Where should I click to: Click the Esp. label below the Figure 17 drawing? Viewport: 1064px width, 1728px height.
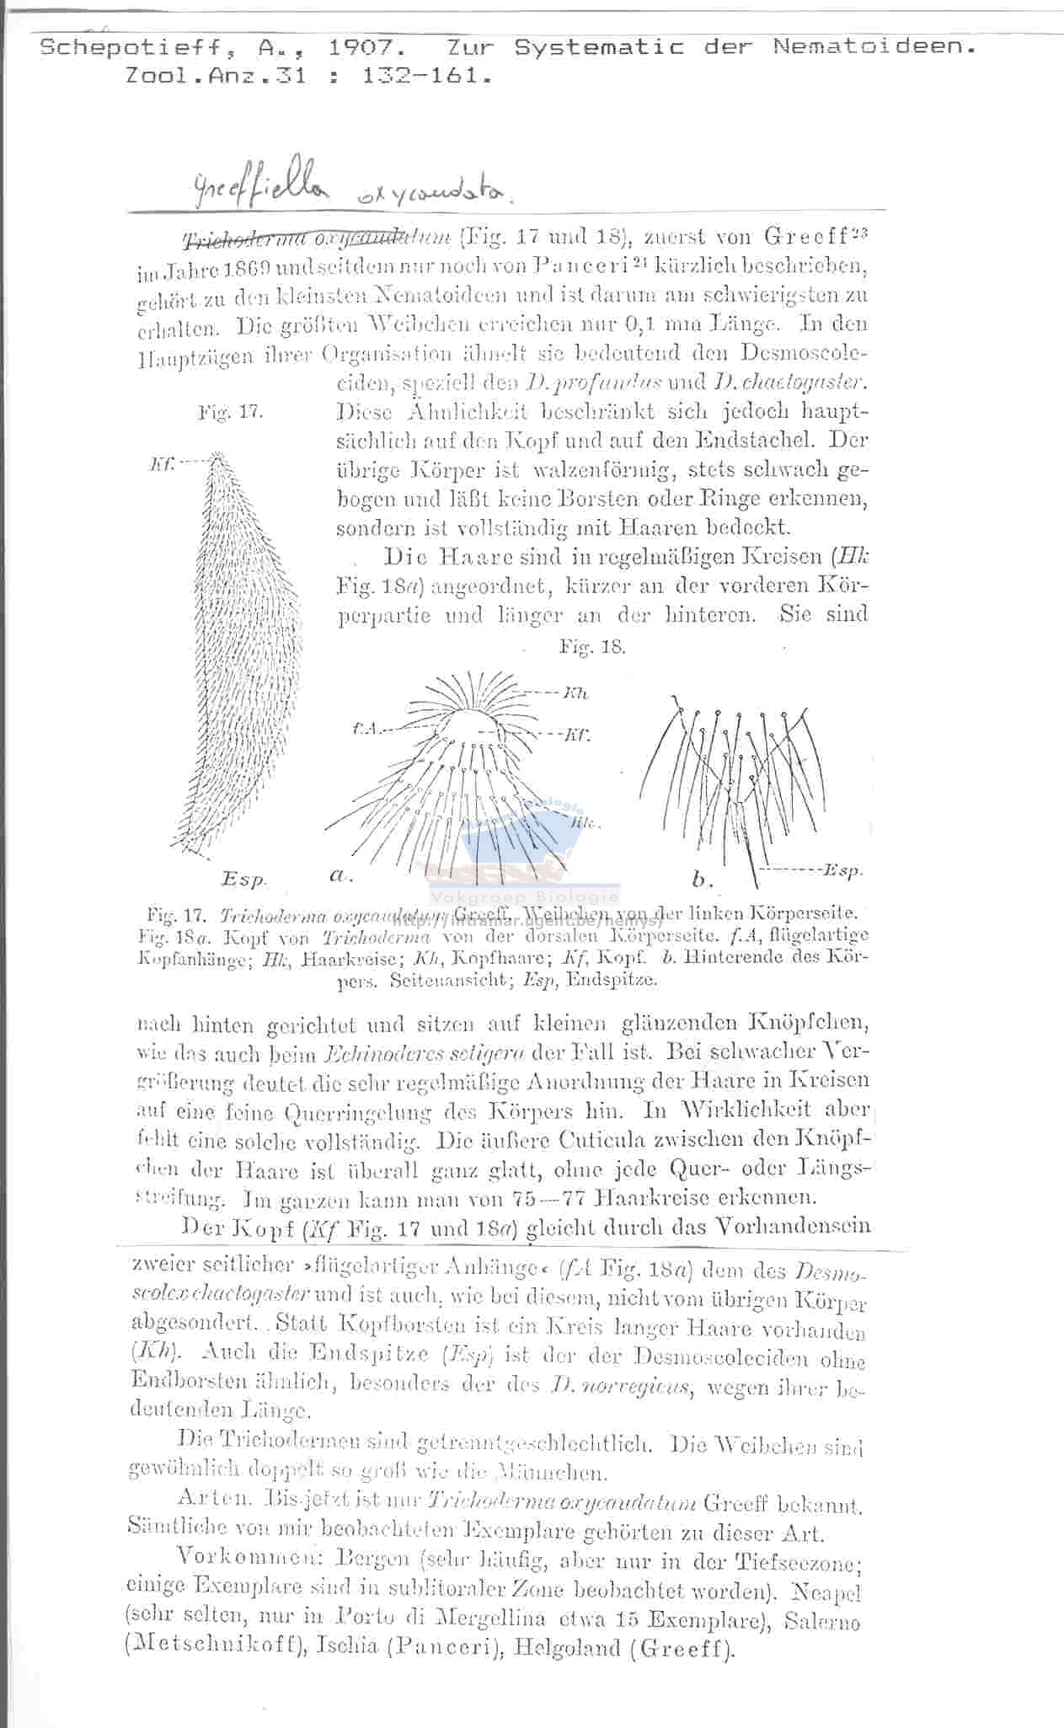pos(243,879)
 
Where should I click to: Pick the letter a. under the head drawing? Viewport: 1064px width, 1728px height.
pos(340,876)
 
